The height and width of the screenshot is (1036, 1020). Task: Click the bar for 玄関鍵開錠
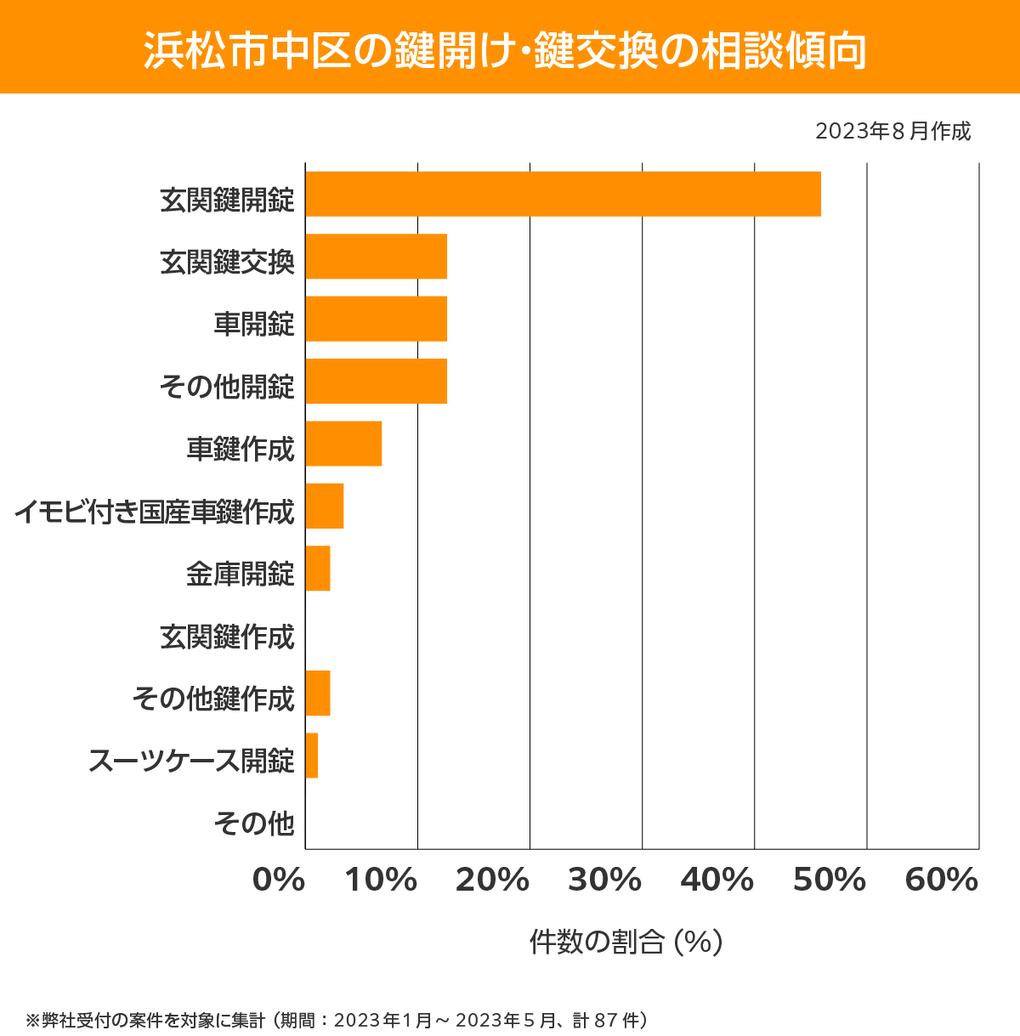pos(563,194)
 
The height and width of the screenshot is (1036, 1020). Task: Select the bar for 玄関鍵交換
pos(376,256)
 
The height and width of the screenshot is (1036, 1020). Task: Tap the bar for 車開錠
pos(376,319)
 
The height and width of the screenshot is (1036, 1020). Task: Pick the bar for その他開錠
pos(376,381)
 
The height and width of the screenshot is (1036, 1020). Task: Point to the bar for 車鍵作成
pos(343,444)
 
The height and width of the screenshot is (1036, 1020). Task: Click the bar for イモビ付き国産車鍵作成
pos(324,506)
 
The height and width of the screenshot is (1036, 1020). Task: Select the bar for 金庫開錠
pos(318,569)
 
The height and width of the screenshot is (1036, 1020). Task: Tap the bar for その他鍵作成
pos(318,693)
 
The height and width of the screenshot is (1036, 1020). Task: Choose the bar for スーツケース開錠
pos(312,756)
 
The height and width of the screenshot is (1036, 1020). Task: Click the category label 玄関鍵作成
pos(227,637)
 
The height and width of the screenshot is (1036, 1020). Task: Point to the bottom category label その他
pos(254,823)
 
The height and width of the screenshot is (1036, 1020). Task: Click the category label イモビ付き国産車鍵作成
pos(154,512)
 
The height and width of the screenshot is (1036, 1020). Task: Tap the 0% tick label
pos(279,880)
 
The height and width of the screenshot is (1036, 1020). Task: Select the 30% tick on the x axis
pos(604,880)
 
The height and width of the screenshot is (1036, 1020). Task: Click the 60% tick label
pos(942,880)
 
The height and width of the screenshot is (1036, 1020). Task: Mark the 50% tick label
pos(829,880)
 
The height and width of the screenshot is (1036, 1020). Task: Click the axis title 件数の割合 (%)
pos(626,942)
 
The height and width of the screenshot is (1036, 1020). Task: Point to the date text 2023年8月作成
pos(892,132)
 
